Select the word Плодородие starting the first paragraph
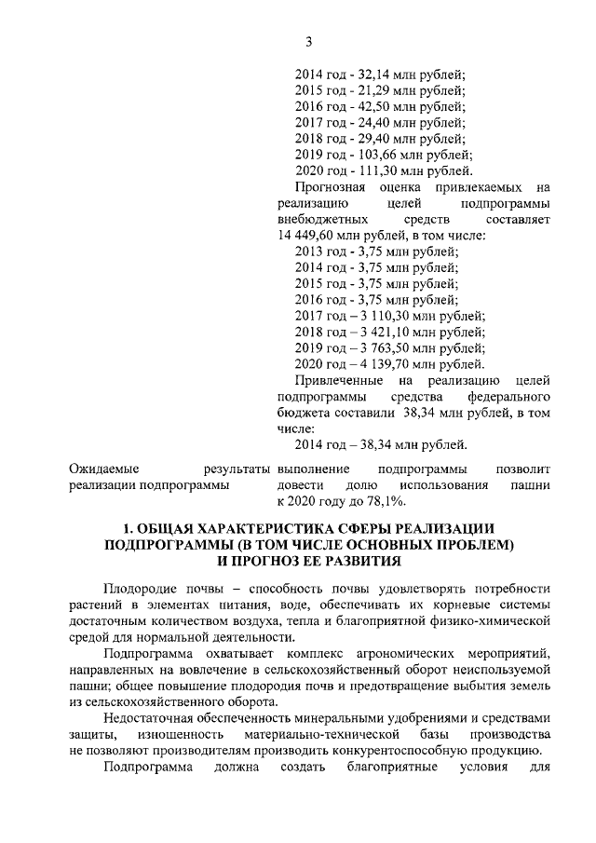(x=140, y=589)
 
